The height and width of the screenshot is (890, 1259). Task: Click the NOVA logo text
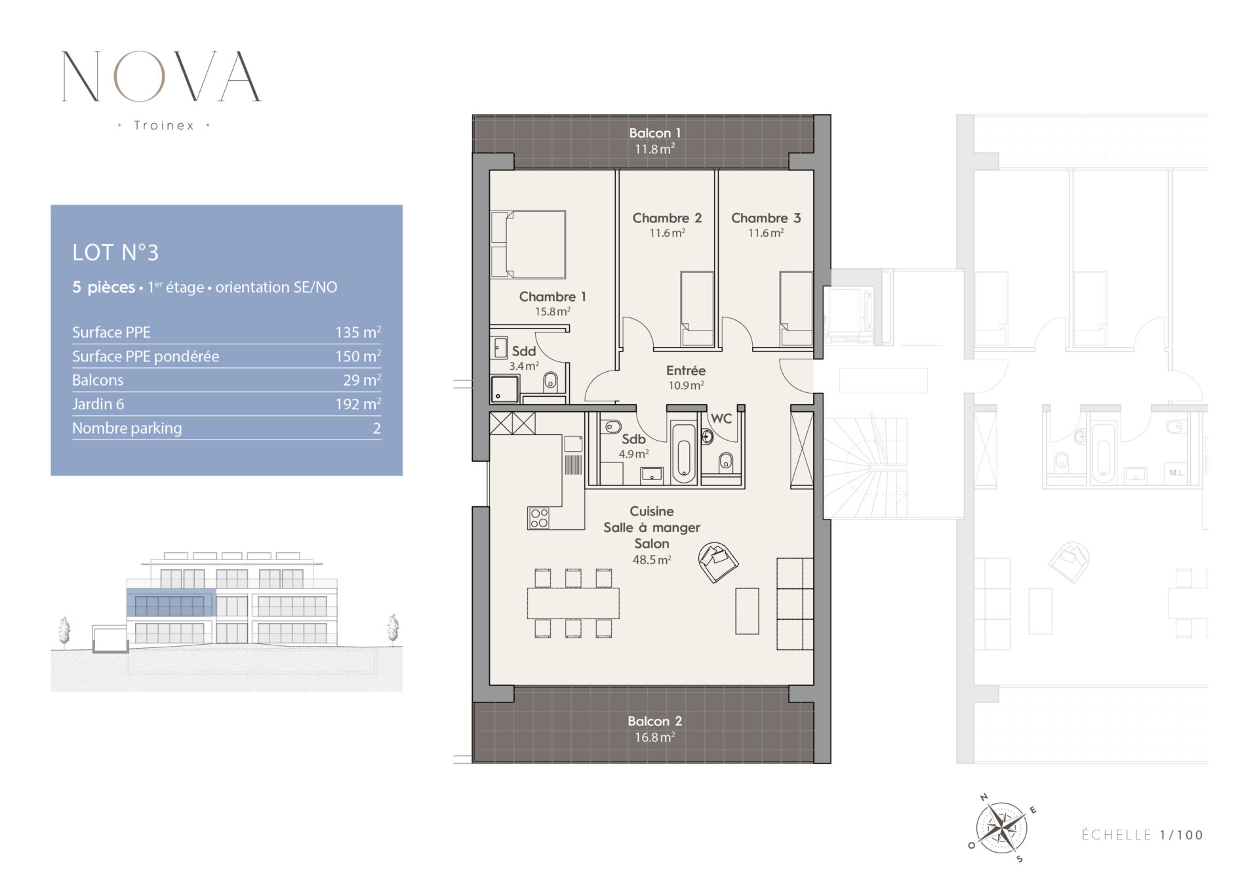[x=161, y=76]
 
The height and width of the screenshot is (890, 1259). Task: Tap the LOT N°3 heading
[x=115, y=253]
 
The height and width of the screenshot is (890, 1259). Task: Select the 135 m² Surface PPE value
[x=358, y=332]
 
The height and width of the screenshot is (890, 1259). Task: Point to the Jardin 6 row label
[x=98, y=404]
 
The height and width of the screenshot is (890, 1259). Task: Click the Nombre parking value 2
[x=377, y=428]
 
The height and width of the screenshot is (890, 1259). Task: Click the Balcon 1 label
[x=654, y=133]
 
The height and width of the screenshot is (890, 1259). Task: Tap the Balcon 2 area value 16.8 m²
[x=654, y=737]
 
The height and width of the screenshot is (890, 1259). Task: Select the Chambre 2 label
[x=667, y=218]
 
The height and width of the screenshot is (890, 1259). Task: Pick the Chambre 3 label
[x=766, y=218]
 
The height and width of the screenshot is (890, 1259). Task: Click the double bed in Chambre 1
[x=528, y=244]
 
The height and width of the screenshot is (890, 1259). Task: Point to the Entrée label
[x=686, y=371]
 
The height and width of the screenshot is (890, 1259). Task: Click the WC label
[x=721, y=418]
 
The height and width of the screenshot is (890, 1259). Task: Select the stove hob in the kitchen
[x=539, y=518]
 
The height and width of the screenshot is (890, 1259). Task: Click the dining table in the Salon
[x=573, y=603]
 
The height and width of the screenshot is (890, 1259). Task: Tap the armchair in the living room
[x=718, y=562]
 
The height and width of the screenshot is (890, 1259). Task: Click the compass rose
[x=1001, y=828]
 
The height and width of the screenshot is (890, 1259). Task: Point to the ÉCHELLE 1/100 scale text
[x=1142, y=835]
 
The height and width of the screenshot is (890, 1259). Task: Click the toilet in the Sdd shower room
[x=551, y=380]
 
